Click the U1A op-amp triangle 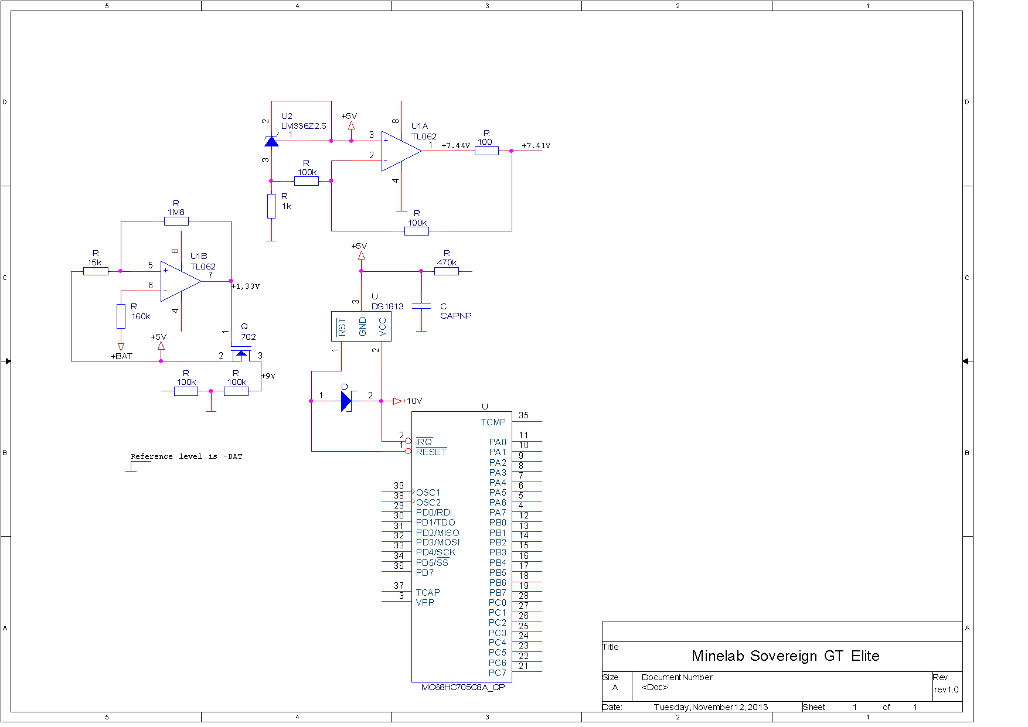pyautogui.click(x=401, y=151)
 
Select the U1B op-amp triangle pyautogui.click(x=181, y=281)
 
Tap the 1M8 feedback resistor pyautogui.click(x=176, y=221)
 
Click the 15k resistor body pyautogui.click(x=96, y=271)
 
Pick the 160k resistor pyautogui.click(x=121, y=316)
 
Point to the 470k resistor pyautogui.click(x=447, y=271)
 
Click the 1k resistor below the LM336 pyautogui.click(x=271, y=206)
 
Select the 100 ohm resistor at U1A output pyautogui.click(x=486, y=151)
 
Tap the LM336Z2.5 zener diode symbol pyautogui.click(x=271, y=141)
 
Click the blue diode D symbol pyautogui.click(x=346, y=401)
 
